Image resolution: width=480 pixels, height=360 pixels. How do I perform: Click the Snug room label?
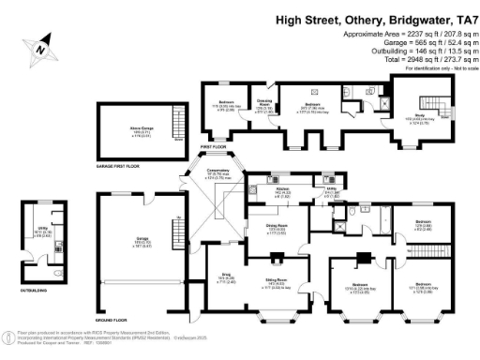click(x=225, y=277)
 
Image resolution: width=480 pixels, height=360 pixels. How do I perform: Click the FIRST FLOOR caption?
click(x=213, y=148)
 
